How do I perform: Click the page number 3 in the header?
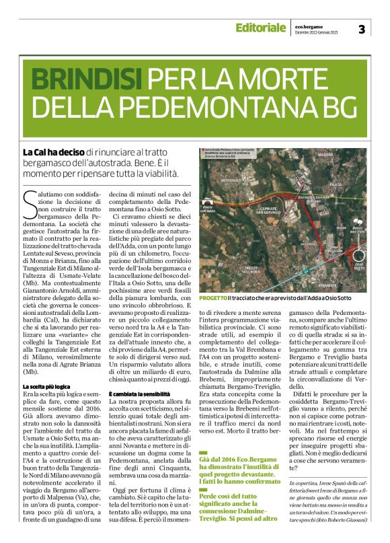pyautogui.click(x=361, y=29)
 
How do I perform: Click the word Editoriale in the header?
pyautogui.click(x=260, y=28)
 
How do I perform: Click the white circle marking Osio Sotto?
pyautogui.click(x=357, y=255)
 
